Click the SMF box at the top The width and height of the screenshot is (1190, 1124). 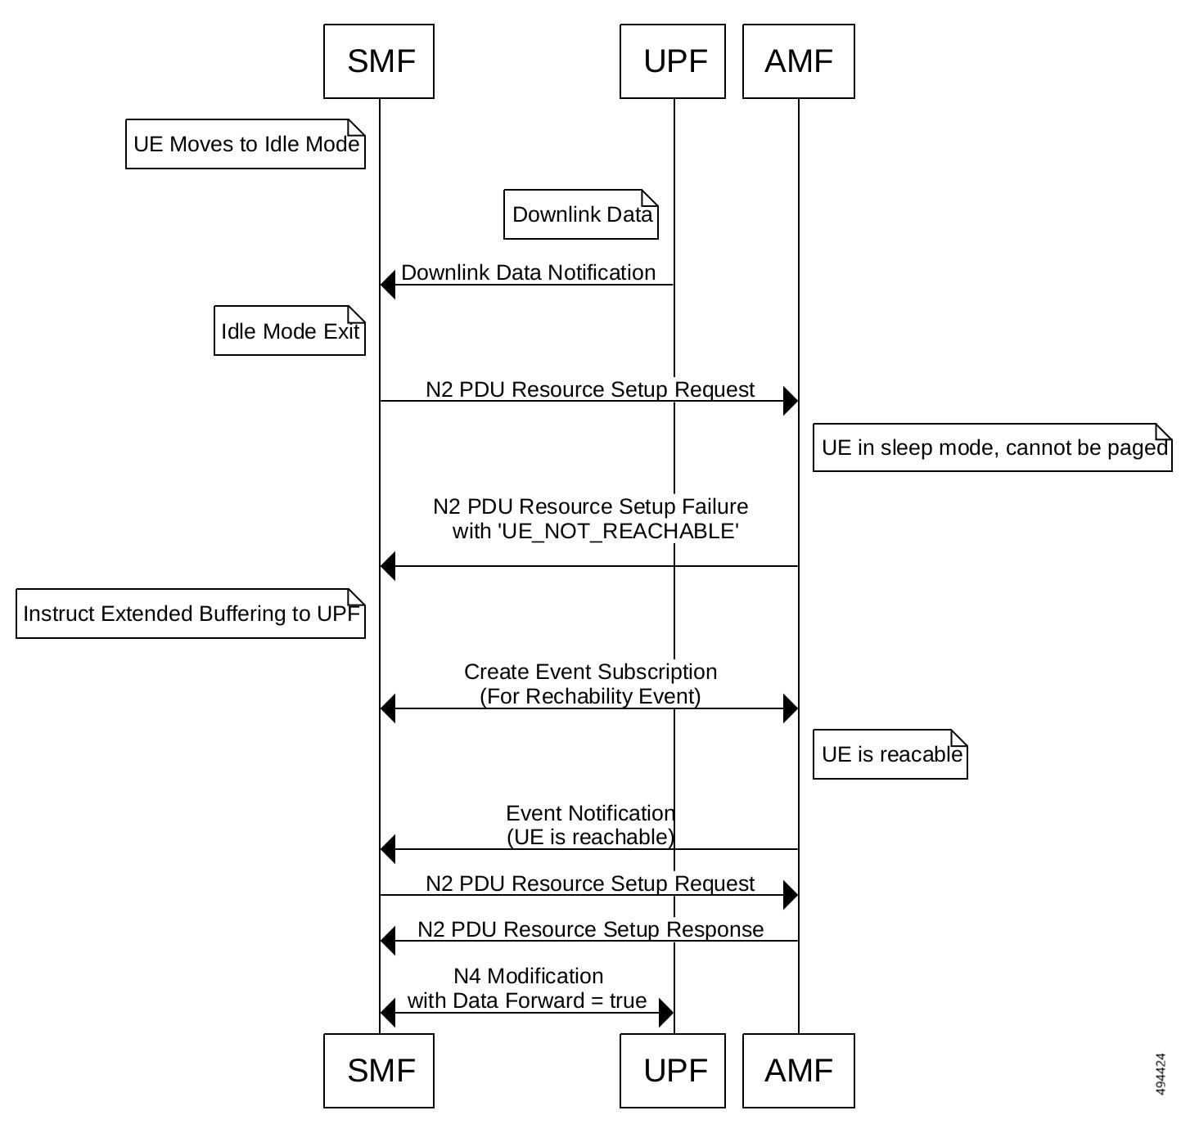pyautogui.click(x=379, y=61)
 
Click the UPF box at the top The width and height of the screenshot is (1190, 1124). pyautogui.click(x=673, y=61)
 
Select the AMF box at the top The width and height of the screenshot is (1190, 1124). pyautogui.click(x=799, y=61)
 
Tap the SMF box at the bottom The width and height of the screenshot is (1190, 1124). pyautogui.click(x=379, y=1071)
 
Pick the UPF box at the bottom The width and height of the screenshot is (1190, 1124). pyautogui.click(x=673, y=1071)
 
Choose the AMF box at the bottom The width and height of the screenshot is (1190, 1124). pyautogui.click(x=799, y=1071)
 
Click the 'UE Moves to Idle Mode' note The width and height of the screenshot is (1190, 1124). pyautogui.click(x=246, y=145)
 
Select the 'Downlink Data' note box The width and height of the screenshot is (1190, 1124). pyautogui.click(x=581, y=215)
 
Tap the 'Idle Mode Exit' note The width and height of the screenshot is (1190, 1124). pyautogui.click(x=290, y=331)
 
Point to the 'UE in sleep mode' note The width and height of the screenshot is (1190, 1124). pyautogui.click(x=993, y=448)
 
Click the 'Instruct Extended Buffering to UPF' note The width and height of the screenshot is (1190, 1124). pyautogui.click(x=191, y=614)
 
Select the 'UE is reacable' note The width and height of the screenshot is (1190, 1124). pyautogui.click(x=890, y=755)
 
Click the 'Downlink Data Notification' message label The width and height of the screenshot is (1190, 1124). pyautogui.click(x=528, y=273)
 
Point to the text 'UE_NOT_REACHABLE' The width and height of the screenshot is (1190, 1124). pyautogui.click(x=620, y=532)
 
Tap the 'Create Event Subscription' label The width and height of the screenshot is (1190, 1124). pyautogui.click(x=590, y=672)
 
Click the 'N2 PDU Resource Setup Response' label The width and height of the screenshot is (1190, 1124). pyautogui.click(x=590, y=930)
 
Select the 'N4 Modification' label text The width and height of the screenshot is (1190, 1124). pyautogui.click(x=528, y=977)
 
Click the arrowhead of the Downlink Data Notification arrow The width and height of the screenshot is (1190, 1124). pyautogui.click(x=388, y=285)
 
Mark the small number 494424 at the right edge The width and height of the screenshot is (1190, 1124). pyautogui.click(x=1161, y=1073)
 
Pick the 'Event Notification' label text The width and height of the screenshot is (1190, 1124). pyautogui.click(x=590, y=814)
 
